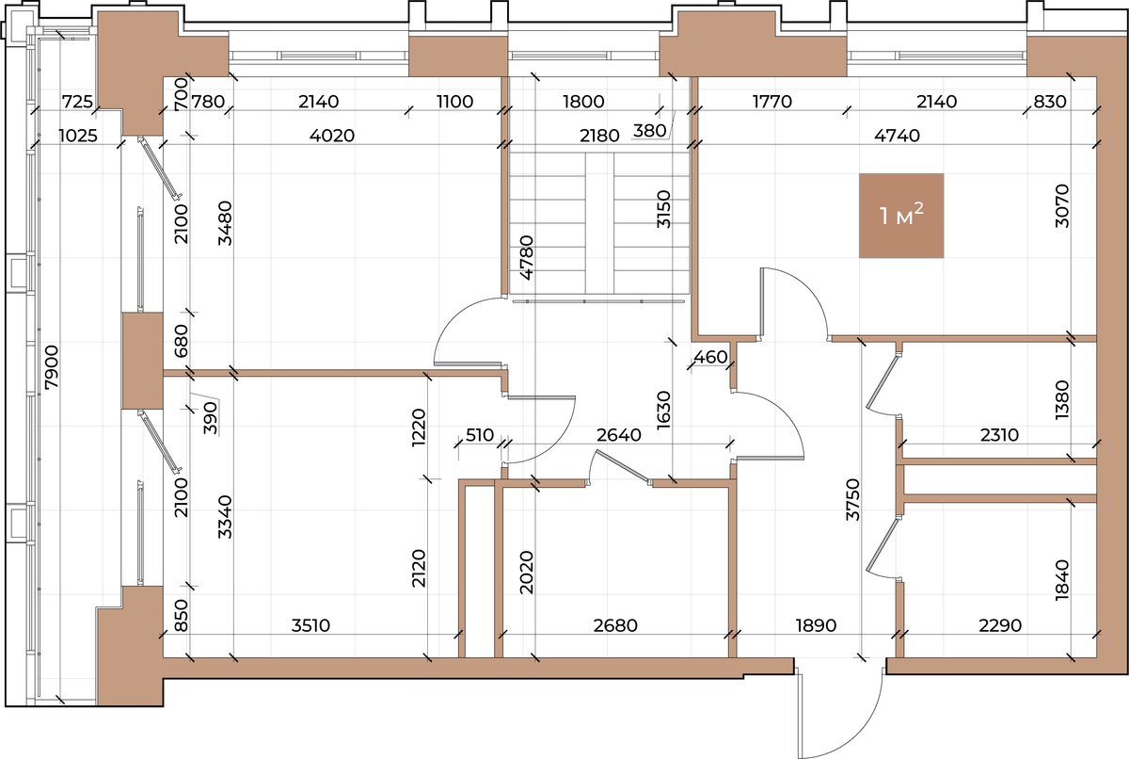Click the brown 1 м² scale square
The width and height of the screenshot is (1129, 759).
901,216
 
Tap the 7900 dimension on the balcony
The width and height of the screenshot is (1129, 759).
52,367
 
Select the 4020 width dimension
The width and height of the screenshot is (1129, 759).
331,136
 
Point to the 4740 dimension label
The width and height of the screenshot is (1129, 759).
897,136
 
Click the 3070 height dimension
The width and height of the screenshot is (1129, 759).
1061,206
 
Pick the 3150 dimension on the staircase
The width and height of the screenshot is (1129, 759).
664,209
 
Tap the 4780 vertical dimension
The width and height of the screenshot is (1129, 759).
526,258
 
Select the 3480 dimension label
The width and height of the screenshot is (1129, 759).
225,223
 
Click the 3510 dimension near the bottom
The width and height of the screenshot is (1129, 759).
310,625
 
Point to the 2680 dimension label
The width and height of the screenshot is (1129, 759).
615,625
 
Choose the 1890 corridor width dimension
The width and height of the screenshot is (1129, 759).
816,625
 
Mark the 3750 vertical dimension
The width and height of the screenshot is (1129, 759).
852,500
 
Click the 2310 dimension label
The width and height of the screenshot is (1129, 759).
999,435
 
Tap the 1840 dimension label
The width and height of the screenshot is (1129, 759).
1061,580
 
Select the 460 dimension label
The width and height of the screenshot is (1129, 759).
710,357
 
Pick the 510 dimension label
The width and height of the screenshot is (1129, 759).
479,435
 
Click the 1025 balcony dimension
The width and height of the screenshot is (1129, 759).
77,136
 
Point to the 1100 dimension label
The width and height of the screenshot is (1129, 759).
454,102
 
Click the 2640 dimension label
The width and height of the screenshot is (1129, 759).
619,435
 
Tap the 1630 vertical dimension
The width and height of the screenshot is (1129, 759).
664,411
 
